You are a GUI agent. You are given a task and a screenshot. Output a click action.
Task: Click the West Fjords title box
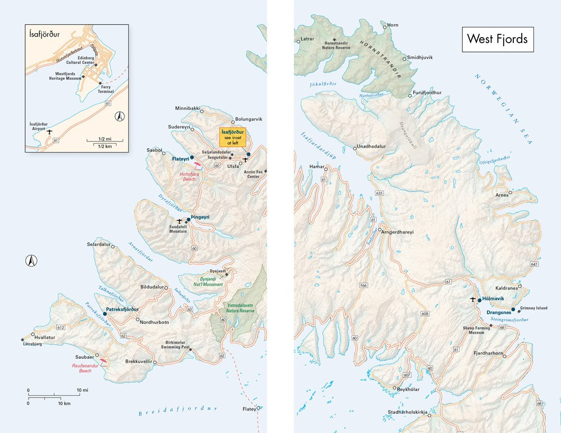[498, 39]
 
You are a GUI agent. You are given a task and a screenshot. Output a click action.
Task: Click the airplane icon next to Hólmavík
[473, 299]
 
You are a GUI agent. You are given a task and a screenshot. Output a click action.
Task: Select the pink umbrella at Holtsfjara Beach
[197, 165]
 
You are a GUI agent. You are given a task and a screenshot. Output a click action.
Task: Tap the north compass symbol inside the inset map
[119, 117]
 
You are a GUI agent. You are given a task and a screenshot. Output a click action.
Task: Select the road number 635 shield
[380, 193]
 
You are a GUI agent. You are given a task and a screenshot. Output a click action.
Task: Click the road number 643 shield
[534, 264]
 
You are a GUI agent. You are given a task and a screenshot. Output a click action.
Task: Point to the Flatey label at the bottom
[249, 408]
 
